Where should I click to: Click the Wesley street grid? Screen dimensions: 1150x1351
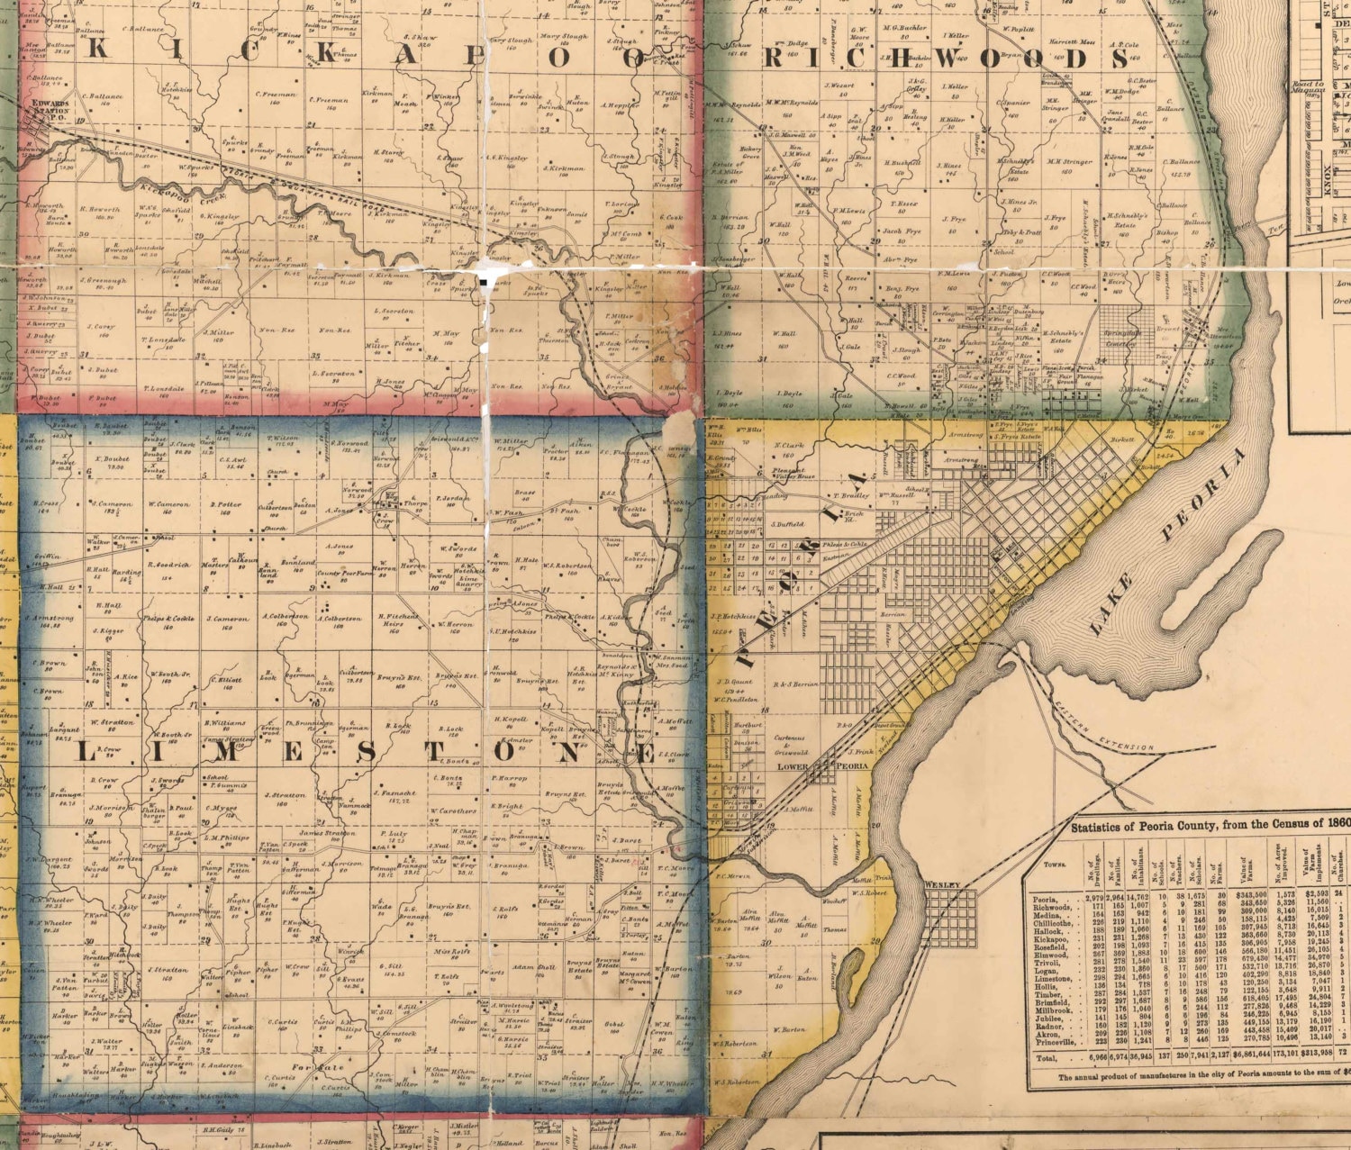point(949,917)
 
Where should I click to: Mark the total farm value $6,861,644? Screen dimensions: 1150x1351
point(1250,1058)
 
